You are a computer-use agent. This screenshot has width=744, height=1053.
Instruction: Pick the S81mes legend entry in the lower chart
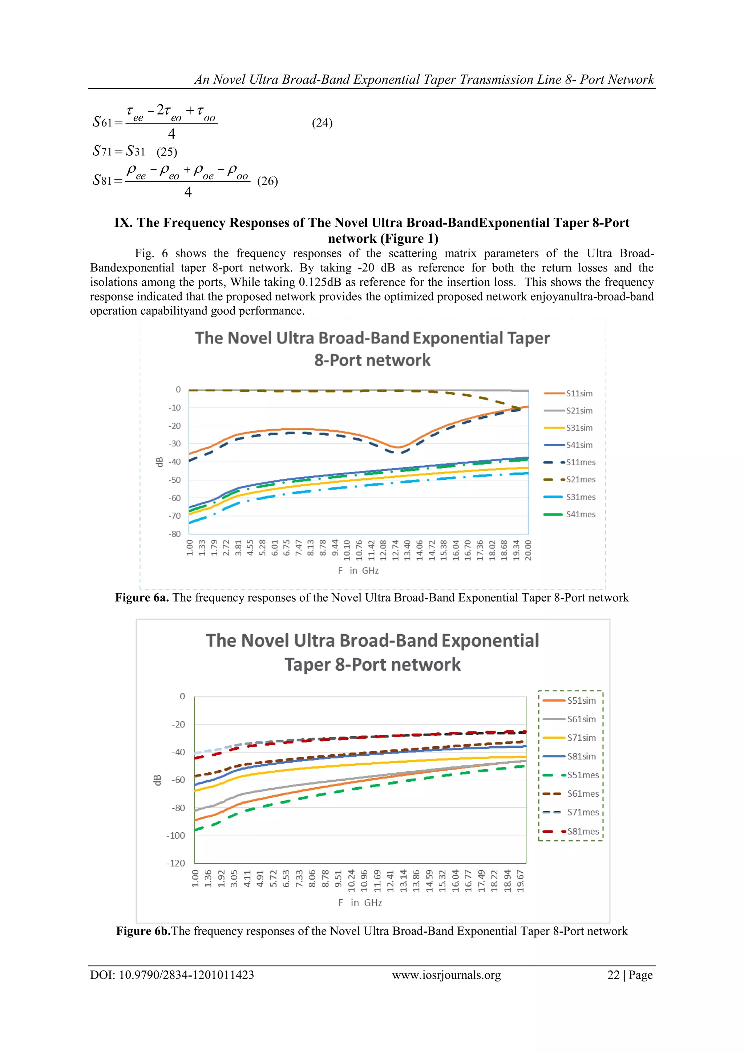[x=583, y=832]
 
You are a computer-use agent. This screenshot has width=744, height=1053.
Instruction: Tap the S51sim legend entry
[x=581, y=701]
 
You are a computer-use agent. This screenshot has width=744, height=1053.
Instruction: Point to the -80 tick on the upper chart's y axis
[x=175, y=534]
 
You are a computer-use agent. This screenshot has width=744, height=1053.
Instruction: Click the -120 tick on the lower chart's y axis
[x=175, y=863]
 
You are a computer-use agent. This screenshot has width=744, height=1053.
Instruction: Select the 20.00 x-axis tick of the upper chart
[x=528, y=550]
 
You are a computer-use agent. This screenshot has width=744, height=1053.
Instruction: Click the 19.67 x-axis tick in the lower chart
[x=521, y=881]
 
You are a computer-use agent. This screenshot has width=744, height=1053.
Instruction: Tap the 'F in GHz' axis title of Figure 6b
[x=360, y=903]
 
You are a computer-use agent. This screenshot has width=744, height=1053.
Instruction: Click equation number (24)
[x=322, y=123]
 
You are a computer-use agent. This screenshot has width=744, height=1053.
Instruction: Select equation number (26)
[x=267, y=181]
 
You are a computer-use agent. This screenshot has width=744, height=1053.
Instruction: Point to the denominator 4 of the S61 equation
[x=171, y=134]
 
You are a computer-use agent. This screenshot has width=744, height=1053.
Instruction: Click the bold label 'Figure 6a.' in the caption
[x=142, y=598]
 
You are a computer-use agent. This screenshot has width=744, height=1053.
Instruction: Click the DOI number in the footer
[x=186, y=975]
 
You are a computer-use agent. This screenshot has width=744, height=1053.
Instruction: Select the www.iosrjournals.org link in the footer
[x=446, y=975]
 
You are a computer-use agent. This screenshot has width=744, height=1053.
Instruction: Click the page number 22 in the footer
[x=613, y=975]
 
